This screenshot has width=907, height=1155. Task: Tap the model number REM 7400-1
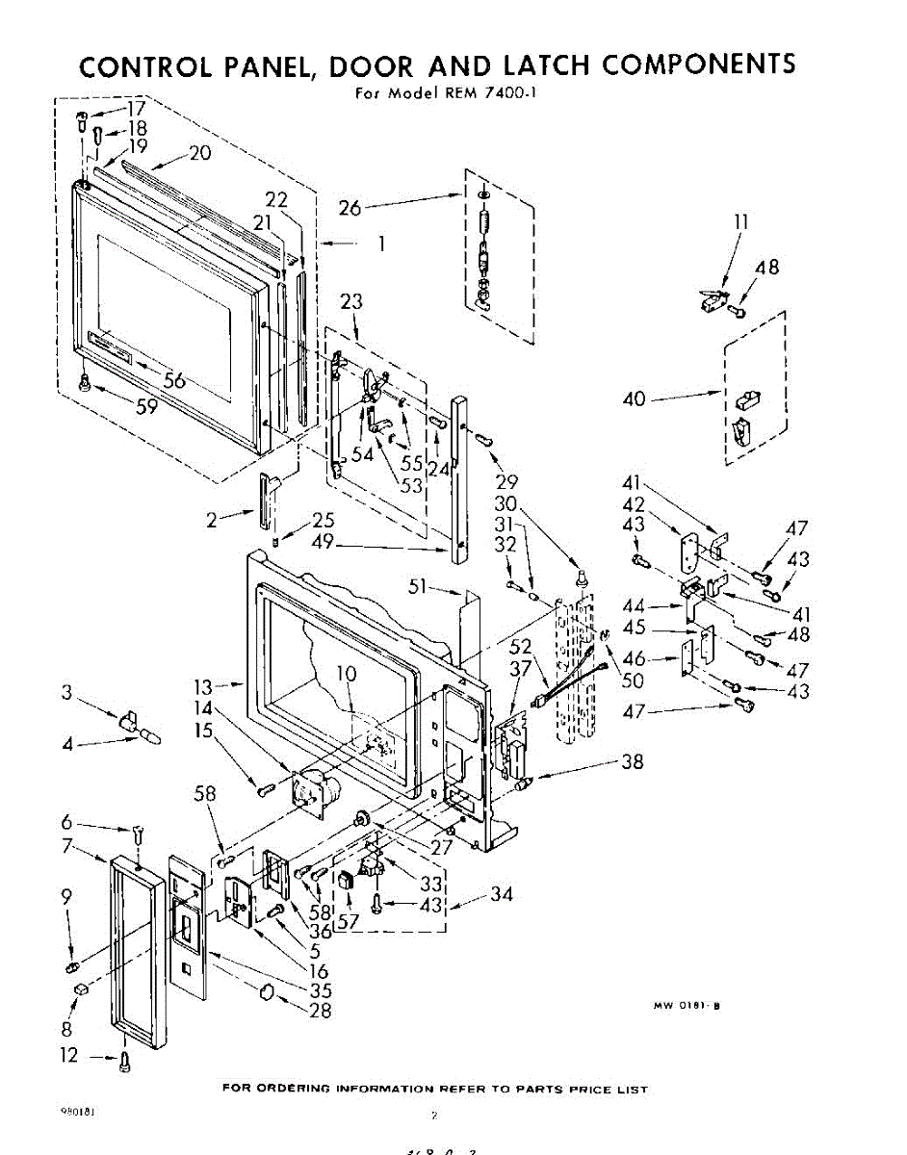tap(479, 93)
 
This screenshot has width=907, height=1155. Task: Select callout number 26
tap(350, 206)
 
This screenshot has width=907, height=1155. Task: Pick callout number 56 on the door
tap(174, 380)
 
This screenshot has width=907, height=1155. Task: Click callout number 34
tap(501, 895)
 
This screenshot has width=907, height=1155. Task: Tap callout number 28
tap(321, 1010)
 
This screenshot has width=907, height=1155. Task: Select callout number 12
tap(68, 1056)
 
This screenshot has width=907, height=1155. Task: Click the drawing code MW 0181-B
tap(687, 1006)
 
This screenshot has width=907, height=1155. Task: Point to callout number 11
tap(741, 223)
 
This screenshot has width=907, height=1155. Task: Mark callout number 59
tap(147, 406)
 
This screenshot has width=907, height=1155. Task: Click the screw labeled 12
tap(123, 1063)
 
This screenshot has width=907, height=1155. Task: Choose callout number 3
tap(66, 692)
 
